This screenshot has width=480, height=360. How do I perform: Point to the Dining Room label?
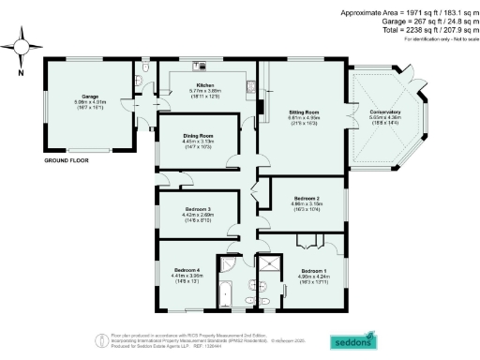click(x=198, y=136)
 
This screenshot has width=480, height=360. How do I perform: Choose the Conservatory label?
click(x=385, y=112)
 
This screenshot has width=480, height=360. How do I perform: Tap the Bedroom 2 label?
click(x=307, y=199)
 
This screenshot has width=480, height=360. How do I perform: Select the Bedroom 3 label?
click(x=196, y=209)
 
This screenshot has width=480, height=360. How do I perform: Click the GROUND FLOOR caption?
click(x=67, y=161)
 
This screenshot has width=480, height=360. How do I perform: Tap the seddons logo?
click(x=355, y=339)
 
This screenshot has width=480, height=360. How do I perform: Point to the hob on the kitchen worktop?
click(x=199, y=67)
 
